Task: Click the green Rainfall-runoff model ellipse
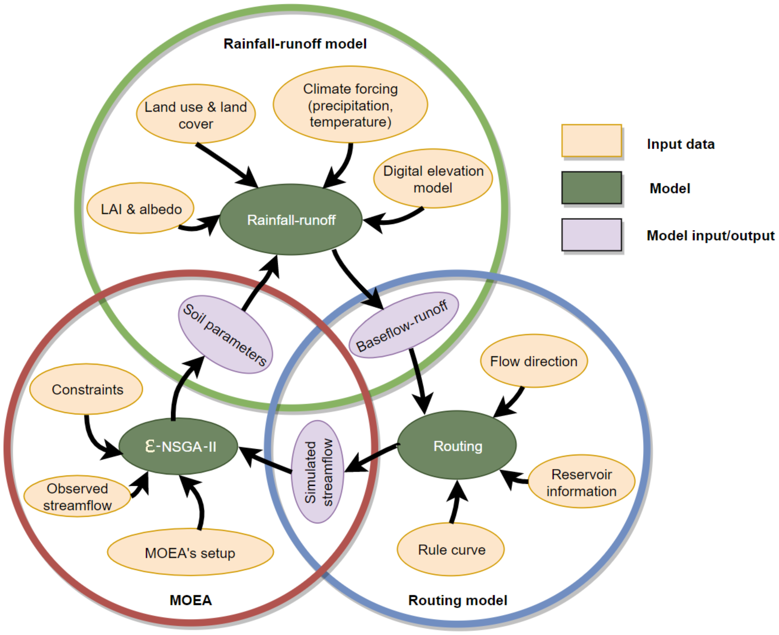point(291,219)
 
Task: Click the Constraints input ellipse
point(86,389)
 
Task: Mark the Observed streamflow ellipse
point(77,496)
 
